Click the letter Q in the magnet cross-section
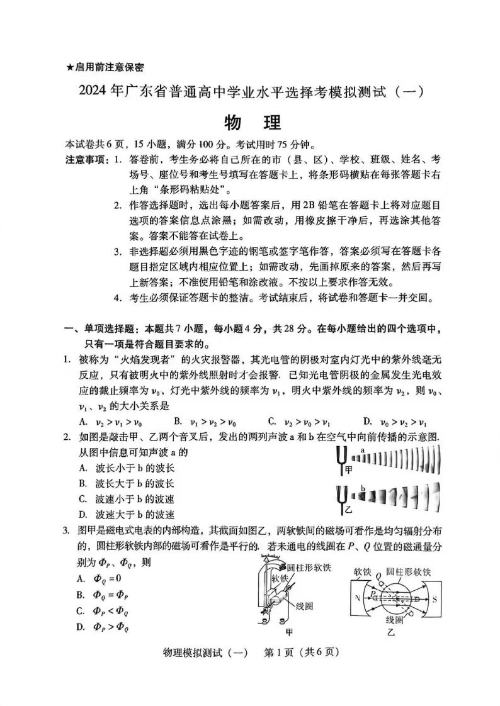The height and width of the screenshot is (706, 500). pos(378,574)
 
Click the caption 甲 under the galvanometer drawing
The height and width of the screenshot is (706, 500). pos(290,630)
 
